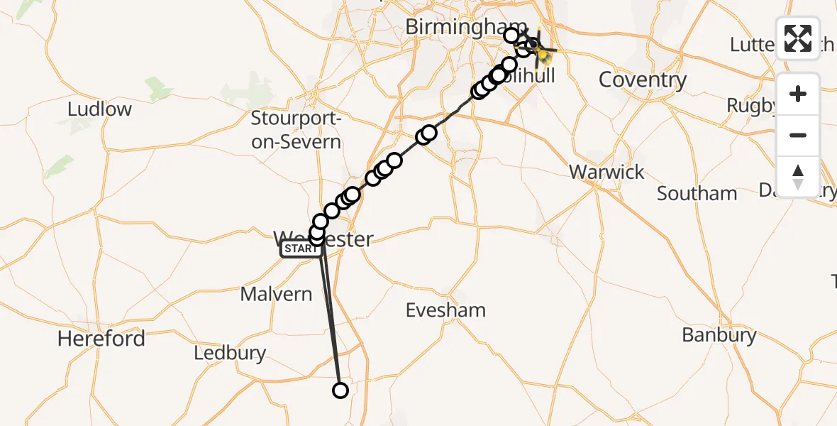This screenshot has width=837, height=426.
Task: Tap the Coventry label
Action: pyautogui.click(x=642, y=80)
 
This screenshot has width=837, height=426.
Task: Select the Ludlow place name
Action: pyautogui.click(x=100, y=109)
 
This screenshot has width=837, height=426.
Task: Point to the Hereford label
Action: pyautogui.click(x=101, y=339)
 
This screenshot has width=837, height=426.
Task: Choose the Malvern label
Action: pyautogui.click(x=276, y=294)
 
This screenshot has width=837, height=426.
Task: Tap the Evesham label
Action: pyautogui.click(x=445, y=310)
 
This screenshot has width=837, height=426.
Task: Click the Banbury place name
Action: pyautogui.click(x=719, y=335)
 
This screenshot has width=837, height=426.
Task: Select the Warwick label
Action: pyautogui.click(x=606, y=172)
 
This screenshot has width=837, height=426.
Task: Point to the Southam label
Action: pyautogui.click(x=697, y=193)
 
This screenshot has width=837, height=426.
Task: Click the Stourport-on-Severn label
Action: pyautogui.click(x=296, y=130)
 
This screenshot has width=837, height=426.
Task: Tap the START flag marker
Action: pyautogui.click(x=301, y=248)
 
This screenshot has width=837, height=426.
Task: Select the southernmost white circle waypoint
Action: pyautogui.click(x=340, y=390)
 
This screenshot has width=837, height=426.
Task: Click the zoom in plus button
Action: pyautogui.click(x=798, y=94)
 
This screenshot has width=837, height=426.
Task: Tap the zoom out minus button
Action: pyautogui.click(x=798, y=135)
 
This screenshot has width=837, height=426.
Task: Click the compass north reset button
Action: pyautogui.click(x=798, y=176)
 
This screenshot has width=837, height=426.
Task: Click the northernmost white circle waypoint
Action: pyautogui.click(x=511, y=35)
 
